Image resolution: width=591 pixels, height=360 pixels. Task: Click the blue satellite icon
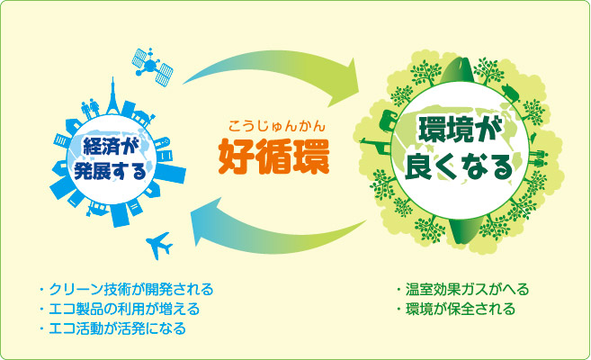[x=152, y=67]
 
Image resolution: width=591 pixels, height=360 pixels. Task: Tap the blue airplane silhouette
[x=159, y=245]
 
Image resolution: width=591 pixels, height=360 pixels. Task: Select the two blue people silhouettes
[x=91, y=108]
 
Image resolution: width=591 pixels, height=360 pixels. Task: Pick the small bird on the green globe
[x=533, y=138]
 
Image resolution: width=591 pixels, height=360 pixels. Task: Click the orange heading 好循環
[x=274, y=157]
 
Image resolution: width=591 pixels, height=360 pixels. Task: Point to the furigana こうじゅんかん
[x=277, y=125]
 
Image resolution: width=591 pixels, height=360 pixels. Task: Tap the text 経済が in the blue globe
[x=109, y=147]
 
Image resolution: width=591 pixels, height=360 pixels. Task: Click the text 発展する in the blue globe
[x=110, y=171]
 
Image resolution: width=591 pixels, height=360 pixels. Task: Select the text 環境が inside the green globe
[x=456, y=130]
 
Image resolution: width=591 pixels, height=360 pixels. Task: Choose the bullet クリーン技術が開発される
[x=126, y=289]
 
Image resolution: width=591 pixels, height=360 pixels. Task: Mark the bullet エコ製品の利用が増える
[x=119, y=309]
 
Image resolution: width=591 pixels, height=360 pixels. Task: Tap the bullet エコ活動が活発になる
[x=112, y=328]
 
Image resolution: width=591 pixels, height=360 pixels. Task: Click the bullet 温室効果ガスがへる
[x=462, y=289]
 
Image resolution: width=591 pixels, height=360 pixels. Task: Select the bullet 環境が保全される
[x=455, y=309]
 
